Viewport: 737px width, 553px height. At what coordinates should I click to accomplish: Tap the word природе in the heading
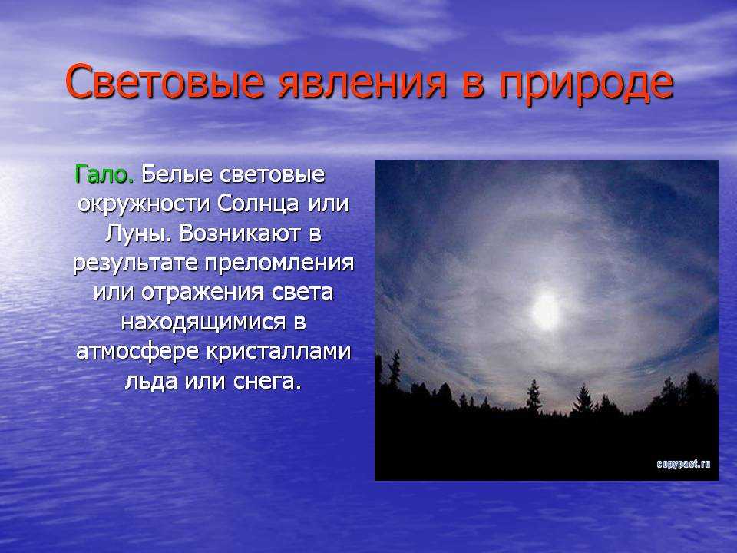tap(586, 85)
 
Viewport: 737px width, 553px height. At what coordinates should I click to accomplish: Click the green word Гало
tap(104, 174)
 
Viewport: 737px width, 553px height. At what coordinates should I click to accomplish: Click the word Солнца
tap(258, 204)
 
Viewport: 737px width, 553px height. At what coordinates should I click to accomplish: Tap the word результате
tap(135, 263)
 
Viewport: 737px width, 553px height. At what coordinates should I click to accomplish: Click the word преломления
tap(279, 263)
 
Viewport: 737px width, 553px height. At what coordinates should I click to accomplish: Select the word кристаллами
tap(278, 351)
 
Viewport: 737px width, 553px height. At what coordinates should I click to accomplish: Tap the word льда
tap(151, 380)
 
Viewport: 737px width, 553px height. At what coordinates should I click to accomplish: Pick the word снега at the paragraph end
tap(266, 380)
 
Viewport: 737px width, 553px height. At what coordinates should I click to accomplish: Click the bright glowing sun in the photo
tap(546, 311)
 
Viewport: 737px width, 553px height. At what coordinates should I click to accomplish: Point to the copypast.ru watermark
tap(683, 464)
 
